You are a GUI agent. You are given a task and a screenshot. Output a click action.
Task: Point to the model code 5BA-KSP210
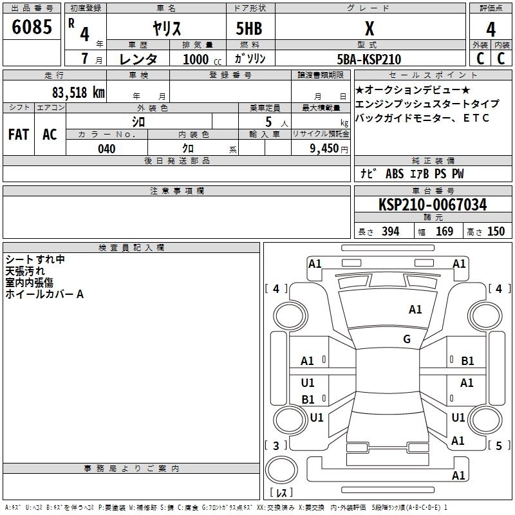tap(369, 59)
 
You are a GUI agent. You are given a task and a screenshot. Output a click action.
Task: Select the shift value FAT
tap(19, 134)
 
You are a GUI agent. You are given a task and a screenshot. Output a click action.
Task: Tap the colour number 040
tap(107, 149)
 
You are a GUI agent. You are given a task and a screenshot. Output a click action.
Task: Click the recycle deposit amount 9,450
tap(325, 149)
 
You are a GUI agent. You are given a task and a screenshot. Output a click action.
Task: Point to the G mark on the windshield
tap(406, 339)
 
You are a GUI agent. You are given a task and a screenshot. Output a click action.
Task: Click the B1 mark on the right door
tap(467, 361)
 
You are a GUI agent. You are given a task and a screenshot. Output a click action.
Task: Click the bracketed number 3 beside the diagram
tap(276, 445)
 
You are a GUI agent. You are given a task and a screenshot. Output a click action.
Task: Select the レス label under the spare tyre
tap(281, 493)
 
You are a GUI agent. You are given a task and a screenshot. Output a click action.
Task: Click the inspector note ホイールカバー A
tap(44, 294)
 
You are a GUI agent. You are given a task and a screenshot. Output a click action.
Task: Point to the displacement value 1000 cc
tap(196, 59)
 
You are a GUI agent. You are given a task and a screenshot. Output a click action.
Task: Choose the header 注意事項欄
tap(176, 191)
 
